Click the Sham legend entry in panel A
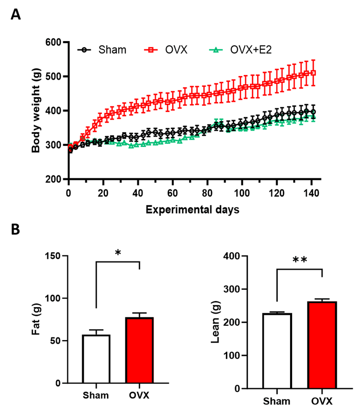point(102,50)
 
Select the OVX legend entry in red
point(166,50)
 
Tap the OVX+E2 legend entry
point(240,50)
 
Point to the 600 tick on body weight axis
point(53,42)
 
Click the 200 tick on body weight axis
point(53,179)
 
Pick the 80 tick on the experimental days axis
point(207,193)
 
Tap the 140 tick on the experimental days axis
point(311,193)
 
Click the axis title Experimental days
point(192,210)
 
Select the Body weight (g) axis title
point(36,110)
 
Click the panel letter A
point(16,15)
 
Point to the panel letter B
point(15,230)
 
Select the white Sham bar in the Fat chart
point(96,359)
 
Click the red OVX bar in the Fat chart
point(139,350)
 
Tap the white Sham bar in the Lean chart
point(277,351)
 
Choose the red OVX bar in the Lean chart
point(322,345)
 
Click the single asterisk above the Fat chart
point(118,253)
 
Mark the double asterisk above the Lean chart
point(300,260)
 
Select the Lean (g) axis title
point(215,322)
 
